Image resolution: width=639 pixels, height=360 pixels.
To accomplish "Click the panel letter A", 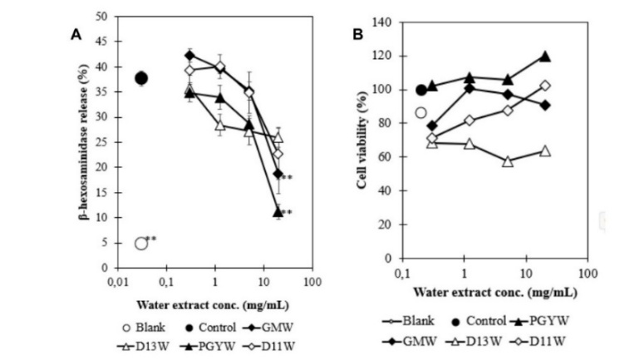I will coord(76,34).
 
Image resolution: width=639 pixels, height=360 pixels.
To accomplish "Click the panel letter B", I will coord(358,34).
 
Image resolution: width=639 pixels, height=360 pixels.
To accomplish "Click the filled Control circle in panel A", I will coord(141,78).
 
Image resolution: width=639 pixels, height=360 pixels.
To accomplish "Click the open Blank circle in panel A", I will coord(141,243).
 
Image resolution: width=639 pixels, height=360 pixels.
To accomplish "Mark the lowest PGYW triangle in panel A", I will coord(278,213).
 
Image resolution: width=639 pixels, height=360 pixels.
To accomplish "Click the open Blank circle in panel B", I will coord(420,113).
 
